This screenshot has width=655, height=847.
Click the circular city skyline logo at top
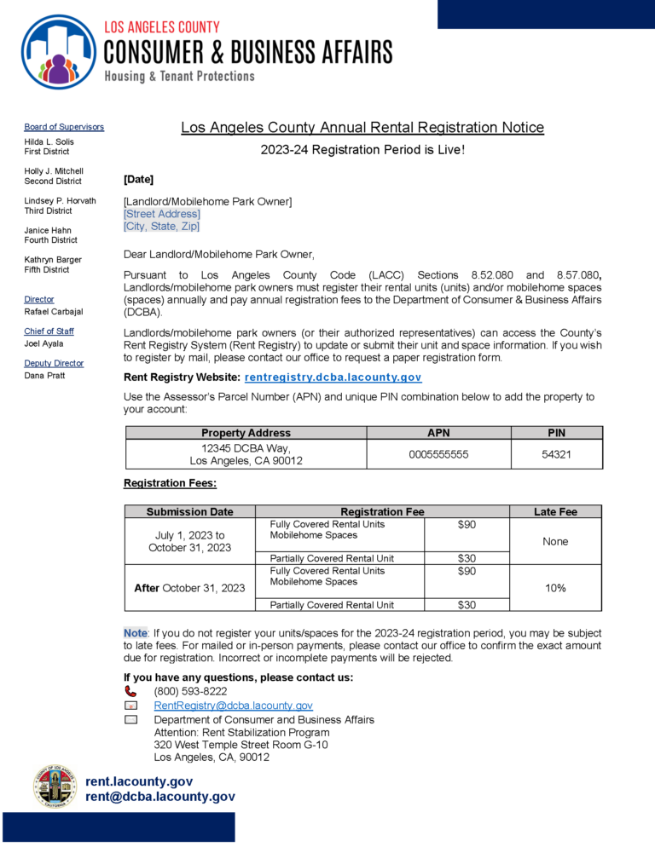tap(58, 52)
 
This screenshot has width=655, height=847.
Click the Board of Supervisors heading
tap(64, 127)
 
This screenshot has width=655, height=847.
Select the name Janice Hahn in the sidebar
tap(48, 230)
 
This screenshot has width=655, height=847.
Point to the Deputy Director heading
tap(54, 363)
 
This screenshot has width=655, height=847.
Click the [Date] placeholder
tap(138, 180)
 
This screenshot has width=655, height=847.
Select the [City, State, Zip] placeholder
tap(161, 227)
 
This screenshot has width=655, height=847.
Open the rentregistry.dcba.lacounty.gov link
tap(333, 377)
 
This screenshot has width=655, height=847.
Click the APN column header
tap(438, 433)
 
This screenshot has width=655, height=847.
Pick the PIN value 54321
tap(556, 454)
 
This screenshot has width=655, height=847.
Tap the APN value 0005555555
tap(438, 454)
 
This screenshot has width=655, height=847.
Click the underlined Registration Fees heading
tap(170, 483)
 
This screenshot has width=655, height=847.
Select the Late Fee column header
tap(555, 511)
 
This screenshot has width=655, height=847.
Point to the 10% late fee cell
tap(555, 588)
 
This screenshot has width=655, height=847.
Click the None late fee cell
tap(555, 541)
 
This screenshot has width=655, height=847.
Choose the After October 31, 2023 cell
tap(189, 588)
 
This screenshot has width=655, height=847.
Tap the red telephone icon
tap(130, 691)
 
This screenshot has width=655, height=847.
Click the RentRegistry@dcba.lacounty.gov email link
tap(233, 706)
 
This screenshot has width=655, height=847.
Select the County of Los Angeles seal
tap(55, 787)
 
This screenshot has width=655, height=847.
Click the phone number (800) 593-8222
tap(184, 691)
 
